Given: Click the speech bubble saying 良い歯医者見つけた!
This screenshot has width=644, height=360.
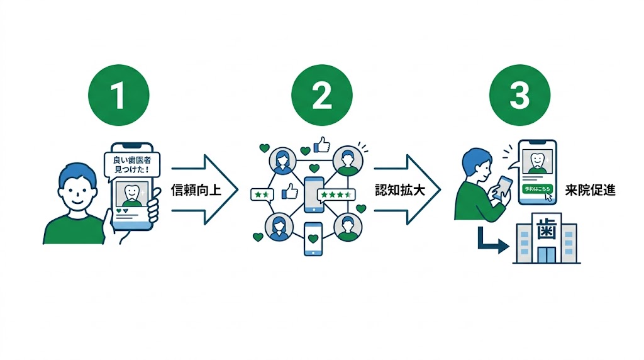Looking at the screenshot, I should (131, 164).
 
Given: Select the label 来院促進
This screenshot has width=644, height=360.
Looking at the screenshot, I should (589, 191).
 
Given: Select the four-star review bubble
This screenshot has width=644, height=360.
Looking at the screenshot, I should (336, 195).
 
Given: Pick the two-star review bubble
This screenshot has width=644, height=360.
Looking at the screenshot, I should (261, 195).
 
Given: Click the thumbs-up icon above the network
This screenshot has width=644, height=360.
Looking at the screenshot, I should (321, 146).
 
